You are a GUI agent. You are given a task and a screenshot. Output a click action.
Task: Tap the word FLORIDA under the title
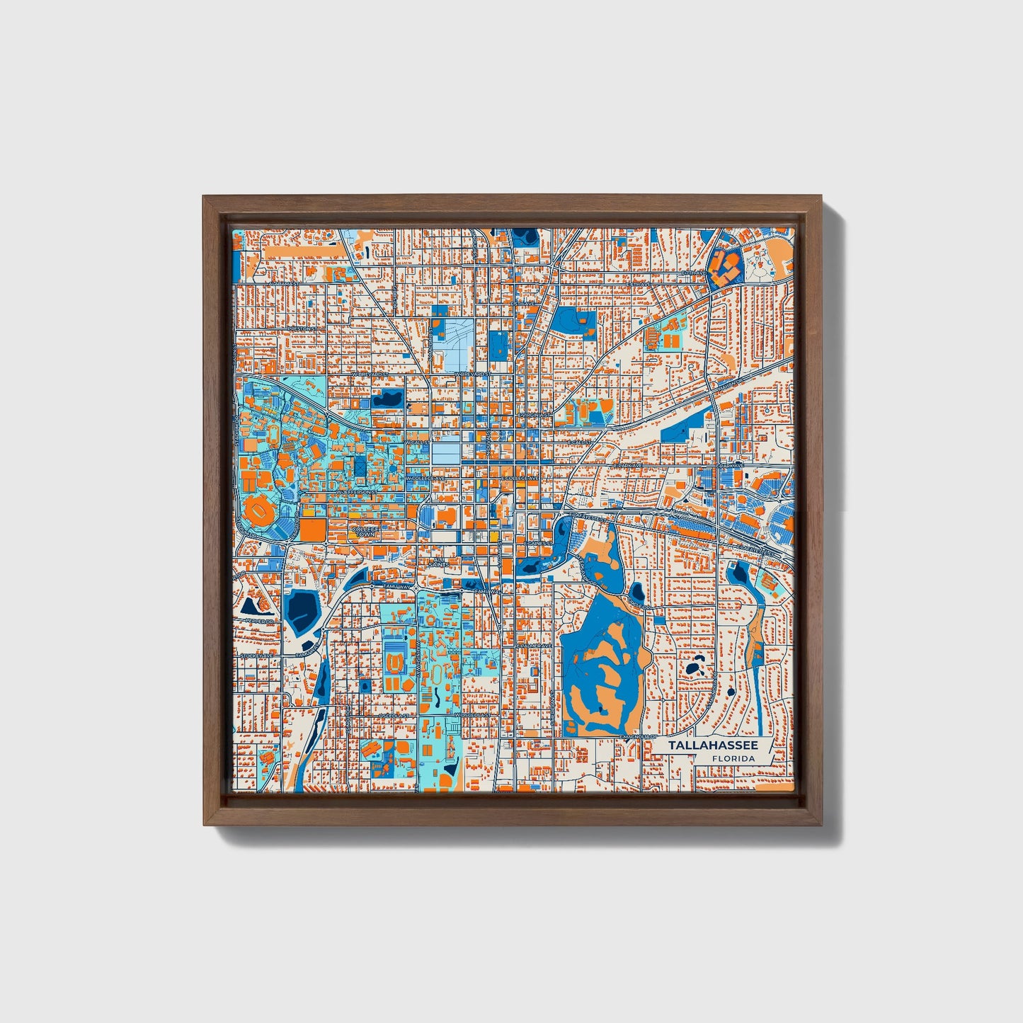733,758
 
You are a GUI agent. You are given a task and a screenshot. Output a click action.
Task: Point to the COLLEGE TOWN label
365,531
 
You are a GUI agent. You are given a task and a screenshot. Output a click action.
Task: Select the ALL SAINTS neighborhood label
438,563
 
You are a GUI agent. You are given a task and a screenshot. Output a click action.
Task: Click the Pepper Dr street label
258,621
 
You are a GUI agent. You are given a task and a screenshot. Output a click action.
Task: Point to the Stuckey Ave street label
255,656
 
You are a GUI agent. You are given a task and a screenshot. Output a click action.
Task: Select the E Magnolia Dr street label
635,737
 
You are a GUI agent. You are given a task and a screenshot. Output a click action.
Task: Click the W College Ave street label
425,478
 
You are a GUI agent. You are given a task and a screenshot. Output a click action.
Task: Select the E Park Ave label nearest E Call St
627,466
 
